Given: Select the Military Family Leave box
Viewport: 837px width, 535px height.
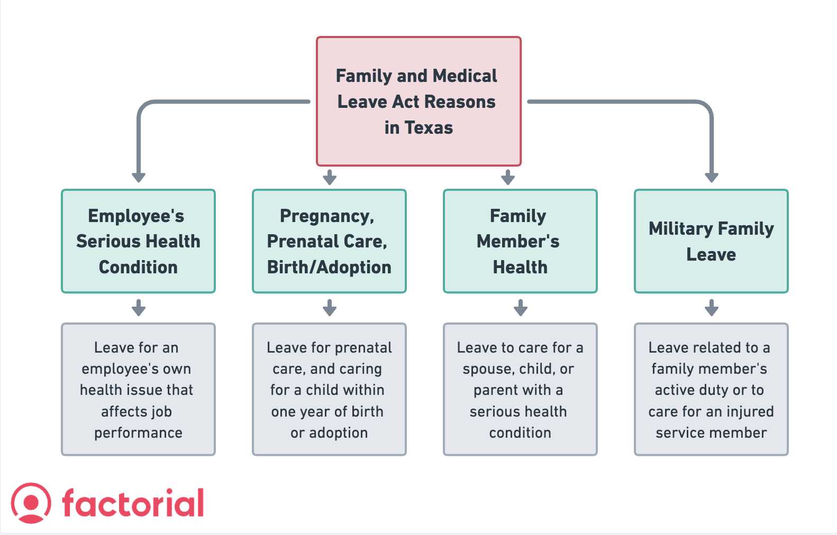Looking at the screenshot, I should (711, 241).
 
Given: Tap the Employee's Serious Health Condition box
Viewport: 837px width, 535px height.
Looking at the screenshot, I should (138, 241).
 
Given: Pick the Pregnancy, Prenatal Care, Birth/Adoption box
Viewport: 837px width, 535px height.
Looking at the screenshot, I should (329, 241).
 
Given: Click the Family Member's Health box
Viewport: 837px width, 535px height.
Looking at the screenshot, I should (520, 241).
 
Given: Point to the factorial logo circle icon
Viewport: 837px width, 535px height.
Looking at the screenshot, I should (31, 503).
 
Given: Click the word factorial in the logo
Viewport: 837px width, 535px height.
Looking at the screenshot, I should (133, 503).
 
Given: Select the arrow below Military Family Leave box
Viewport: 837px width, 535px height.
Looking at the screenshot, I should (711, 308).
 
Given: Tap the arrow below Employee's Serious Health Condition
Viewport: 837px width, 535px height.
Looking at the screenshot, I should (139, 308).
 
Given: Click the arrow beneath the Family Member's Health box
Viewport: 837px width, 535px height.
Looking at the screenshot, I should (521, 308).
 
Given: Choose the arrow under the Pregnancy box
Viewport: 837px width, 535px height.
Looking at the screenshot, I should (330, 308).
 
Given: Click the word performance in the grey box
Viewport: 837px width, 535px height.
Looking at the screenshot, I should (138, 433).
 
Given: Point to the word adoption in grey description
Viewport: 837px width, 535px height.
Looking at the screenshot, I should (338, 433).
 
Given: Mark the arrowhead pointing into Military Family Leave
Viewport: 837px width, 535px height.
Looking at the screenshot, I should (711, 177).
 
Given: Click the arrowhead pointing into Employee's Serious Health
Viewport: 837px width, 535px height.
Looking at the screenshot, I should (139, 177).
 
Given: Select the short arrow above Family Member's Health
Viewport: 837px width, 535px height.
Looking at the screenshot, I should (508, 177).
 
